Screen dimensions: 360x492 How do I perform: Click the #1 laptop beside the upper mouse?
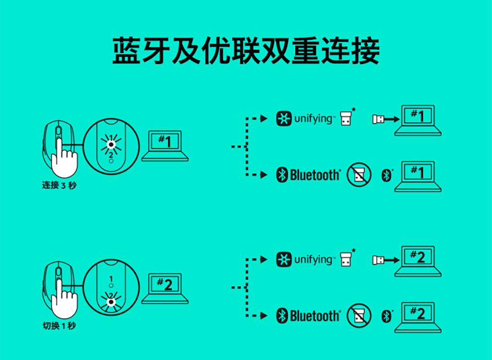click(x=165, y=145)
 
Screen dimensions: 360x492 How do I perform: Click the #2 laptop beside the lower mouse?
click(x=165, y=288)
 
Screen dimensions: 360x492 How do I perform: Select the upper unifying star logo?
click(x=284, y=119)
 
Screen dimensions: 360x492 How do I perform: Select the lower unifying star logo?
click(x=284, y=260)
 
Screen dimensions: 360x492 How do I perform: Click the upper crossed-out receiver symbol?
click(x=359, y=175)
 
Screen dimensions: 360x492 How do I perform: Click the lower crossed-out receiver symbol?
click(x=359, y=315)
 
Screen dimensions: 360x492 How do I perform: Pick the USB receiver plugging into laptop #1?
click(x=378, y=119)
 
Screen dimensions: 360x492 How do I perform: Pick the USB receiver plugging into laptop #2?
click(x=378, y=260)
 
